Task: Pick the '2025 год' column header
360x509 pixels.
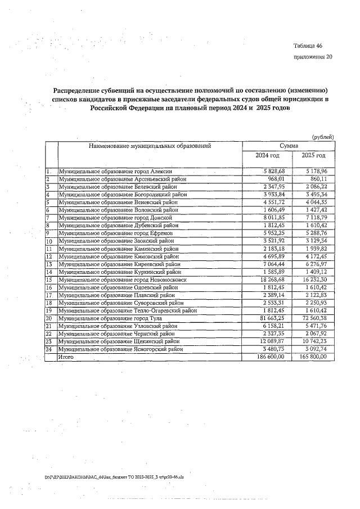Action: point(313,156)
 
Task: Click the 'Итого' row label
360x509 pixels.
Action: point(66,357)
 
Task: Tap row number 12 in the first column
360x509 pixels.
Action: point(49,256)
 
